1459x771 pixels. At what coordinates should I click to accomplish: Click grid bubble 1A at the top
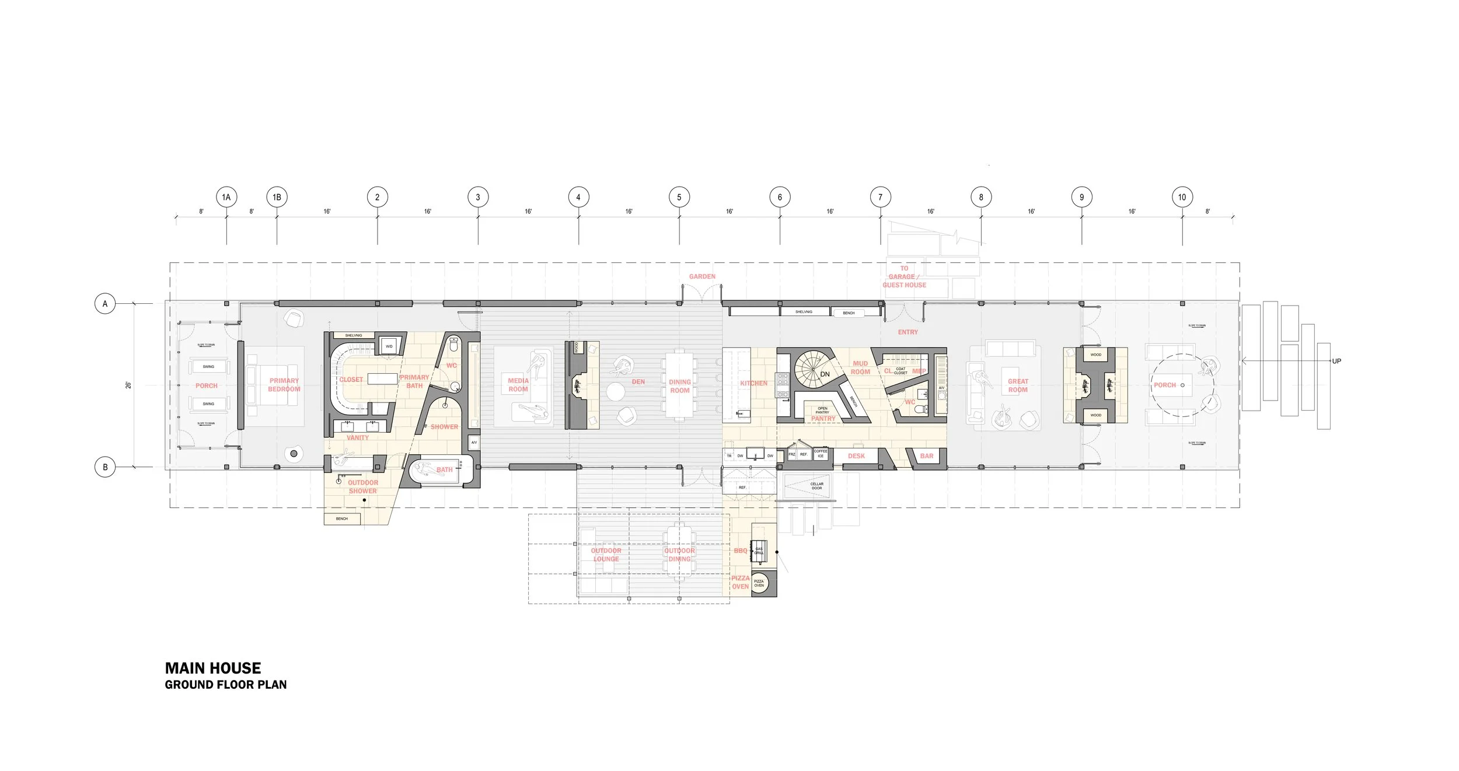[226, 197]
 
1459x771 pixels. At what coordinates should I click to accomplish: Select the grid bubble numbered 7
[880, 197]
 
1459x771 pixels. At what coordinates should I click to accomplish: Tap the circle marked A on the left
[105, 304]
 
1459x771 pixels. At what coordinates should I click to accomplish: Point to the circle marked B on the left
[105, 467]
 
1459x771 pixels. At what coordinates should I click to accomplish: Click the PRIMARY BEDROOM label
[284, 385]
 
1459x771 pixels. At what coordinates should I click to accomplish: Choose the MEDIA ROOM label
[518, 385]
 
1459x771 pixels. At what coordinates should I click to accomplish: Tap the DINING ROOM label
[680, 386]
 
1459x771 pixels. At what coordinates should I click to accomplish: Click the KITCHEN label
[753, 383]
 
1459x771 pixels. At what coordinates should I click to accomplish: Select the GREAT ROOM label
[1018, 385]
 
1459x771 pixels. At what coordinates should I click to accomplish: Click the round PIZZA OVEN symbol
[759, 584]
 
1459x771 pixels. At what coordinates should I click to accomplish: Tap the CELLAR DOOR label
[816, 486]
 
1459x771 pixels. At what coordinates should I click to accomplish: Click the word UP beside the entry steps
[1336, 361]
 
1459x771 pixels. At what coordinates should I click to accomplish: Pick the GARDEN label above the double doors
[702, 276]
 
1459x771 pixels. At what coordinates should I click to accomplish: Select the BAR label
[927, 456]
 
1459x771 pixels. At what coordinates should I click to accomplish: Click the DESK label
[856, 456]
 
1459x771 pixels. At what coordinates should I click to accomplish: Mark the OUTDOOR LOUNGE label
[606, 555]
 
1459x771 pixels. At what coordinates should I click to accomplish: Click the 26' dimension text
[128, 385]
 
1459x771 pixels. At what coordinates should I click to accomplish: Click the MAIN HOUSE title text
[213, 668]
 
